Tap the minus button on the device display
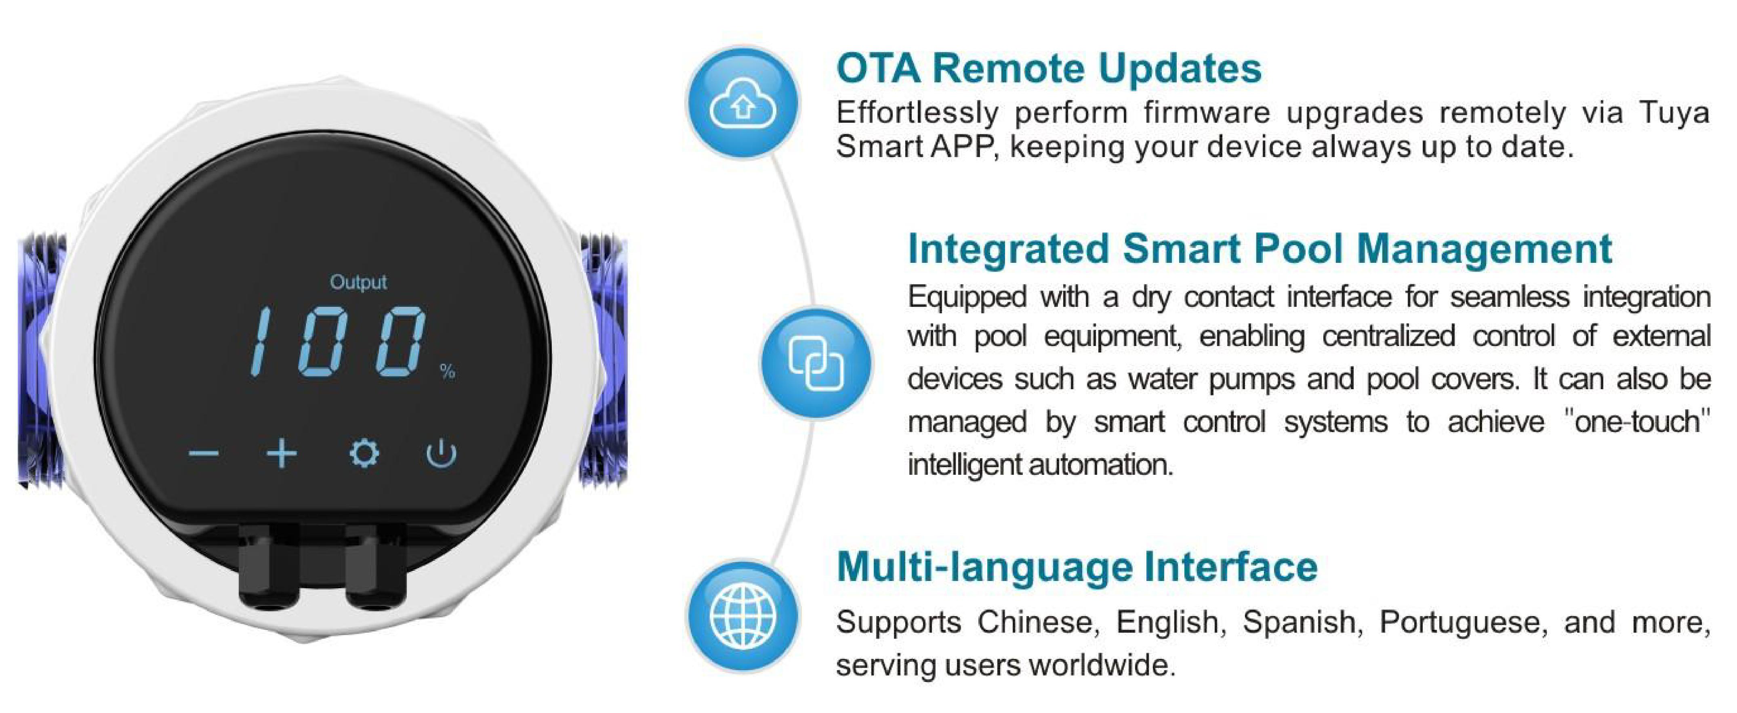(203, 453)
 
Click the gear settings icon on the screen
(364, 453)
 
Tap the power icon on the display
(442, 453)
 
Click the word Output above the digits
(358, 282)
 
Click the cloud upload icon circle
(743, 103)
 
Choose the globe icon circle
(743, 617)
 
